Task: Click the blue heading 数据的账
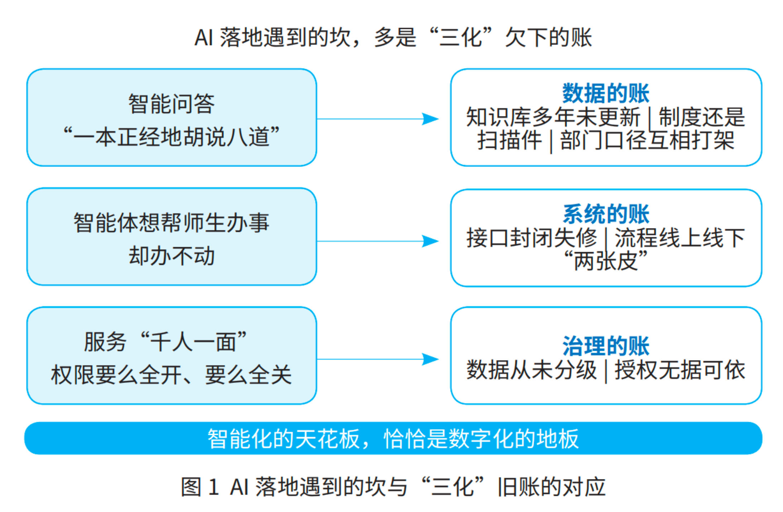(606, 93)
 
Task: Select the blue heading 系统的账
(606, 214)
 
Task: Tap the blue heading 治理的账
(606, 346)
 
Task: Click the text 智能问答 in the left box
(172, 104)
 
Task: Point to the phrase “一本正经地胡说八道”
(172, 137)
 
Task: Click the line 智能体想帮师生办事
(172, 223)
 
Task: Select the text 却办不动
(172, 256)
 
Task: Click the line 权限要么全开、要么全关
(172, 375)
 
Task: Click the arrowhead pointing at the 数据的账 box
(431, 119)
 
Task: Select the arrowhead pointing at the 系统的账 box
(431, 241)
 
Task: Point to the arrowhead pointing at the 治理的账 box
(431, 359)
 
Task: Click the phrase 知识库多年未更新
(553, 117)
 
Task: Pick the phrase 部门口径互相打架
(647, 140)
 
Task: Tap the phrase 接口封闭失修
(532, 238)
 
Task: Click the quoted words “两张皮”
(606, 260)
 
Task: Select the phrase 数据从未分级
(532, 369)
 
